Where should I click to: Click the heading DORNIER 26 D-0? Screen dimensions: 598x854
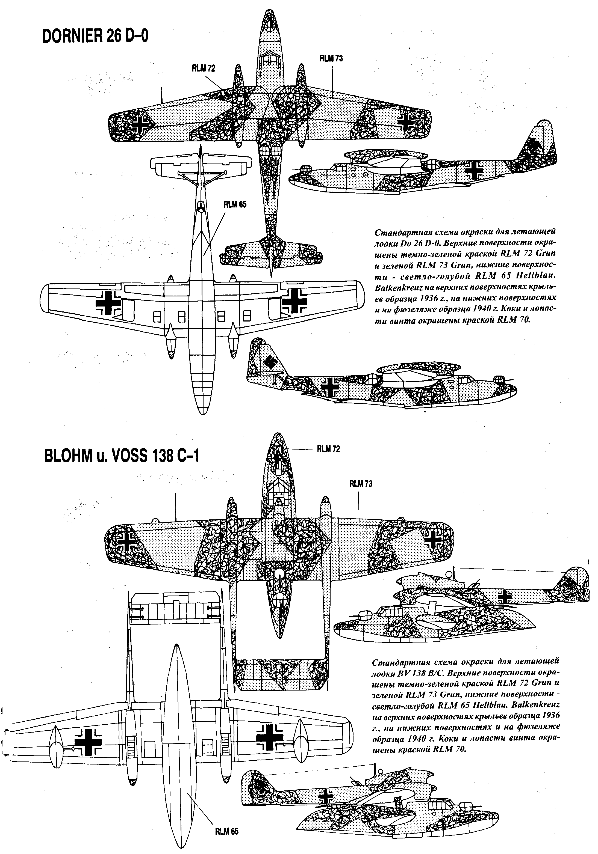pyautogui.click(x=95, y=37)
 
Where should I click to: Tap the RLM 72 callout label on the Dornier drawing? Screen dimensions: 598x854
pyautogui.click(x=203, y=68)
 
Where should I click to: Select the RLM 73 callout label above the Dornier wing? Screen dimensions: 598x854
pyautogui.click(x=331, y=58)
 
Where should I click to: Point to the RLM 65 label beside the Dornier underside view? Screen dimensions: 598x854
pyautogui.click(x=235, y=204)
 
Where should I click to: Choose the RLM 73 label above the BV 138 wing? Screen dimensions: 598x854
pyautogui.click(x=360, y=484)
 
